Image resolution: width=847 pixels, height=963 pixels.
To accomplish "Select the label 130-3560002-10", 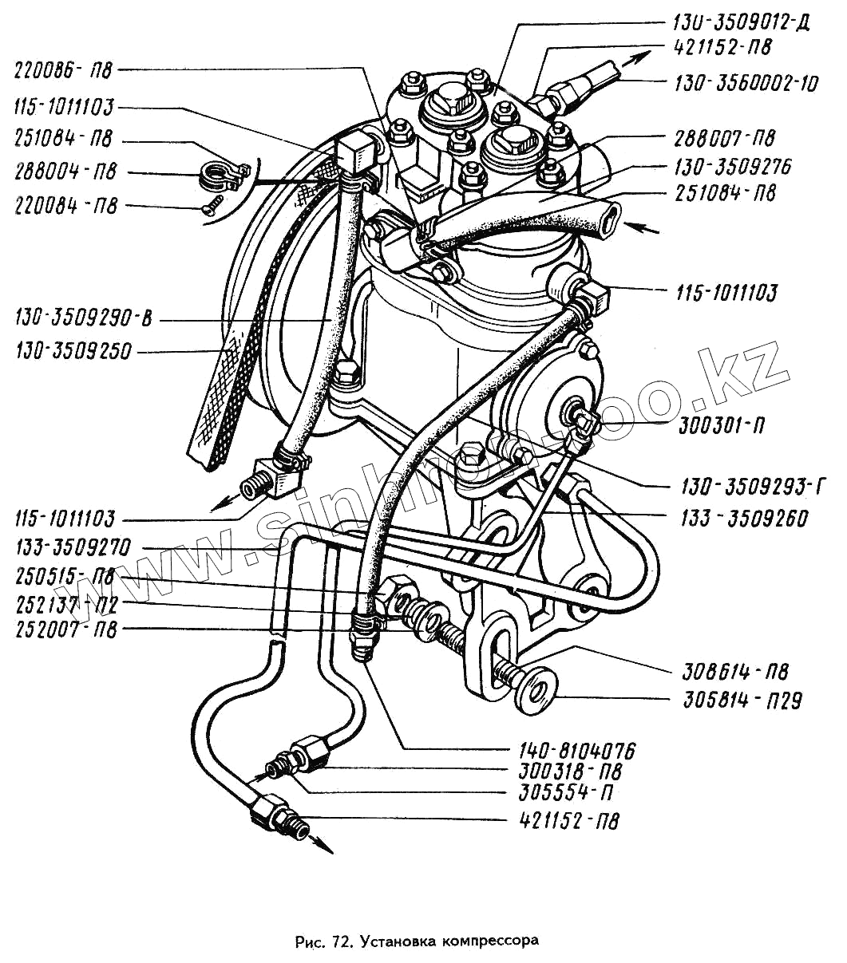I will pos(746,82).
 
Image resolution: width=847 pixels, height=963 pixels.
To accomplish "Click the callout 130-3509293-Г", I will pos(753,486).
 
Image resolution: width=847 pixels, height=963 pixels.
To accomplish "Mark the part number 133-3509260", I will pos(744,519).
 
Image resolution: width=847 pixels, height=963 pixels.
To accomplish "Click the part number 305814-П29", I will pos(742,701).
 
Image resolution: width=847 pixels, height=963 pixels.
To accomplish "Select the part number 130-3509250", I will pos(73,350).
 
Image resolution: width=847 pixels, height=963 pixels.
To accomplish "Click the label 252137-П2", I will pos(65,604).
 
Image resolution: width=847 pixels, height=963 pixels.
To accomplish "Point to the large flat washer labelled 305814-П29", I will pos(536,687).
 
